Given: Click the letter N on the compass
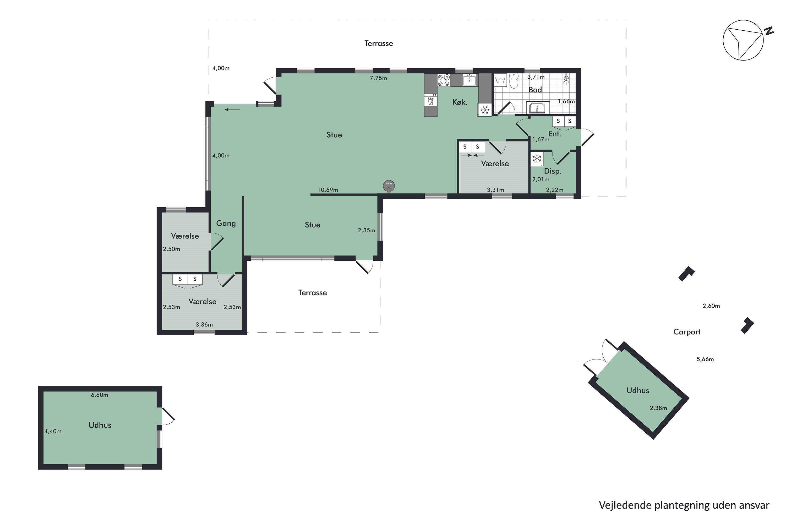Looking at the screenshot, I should click(x=769, y=31).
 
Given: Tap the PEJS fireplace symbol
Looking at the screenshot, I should click(x=389, y=185).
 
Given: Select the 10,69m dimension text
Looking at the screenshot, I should click(x=327, y=190).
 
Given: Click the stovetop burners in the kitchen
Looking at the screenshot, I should click(x=444, y=80).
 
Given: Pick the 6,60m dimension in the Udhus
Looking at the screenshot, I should click(x=100, y=395).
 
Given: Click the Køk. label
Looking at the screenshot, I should click(x=460, y=102).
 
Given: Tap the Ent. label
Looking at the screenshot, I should click(x=554, y=134).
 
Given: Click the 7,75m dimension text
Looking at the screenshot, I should click(x=378, y=78).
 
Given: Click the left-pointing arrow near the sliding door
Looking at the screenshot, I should click(x=232, y=110).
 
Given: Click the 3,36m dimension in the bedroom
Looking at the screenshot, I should click(x=204, y=325).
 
